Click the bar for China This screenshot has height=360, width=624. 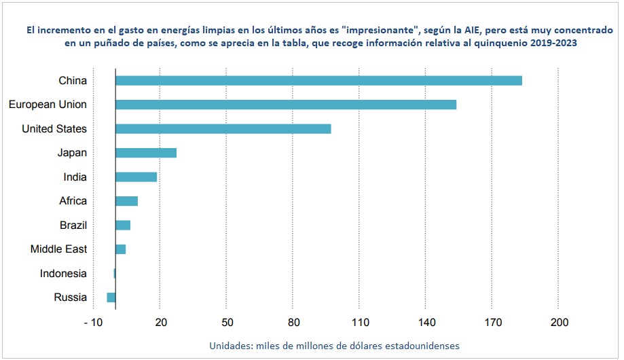click(x=318, y=81)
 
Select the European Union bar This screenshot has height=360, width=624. click(x=286, y=105)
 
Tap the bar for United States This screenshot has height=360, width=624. click(x=223, y=129)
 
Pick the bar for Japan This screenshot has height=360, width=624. click(x=146, y=153)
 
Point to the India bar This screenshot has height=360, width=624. click(x=136, y=177)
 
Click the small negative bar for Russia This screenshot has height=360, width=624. click(x=111, y=298)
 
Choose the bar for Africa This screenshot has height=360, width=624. click(x=127, y=201)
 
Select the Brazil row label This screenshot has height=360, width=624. click(x=73, y=225)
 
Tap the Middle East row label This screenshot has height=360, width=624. click(x=58, y=249)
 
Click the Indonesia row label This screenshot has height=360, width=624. click(x=63, y=273)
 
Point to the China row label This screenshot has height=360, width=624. click(x=73, y=81)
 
